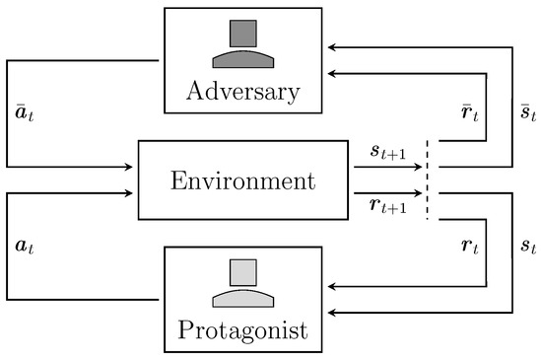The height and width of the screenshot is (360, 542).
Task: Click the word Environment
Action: click(x=242, y=181)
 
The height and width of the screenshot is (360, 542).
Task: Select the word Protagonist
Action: click(x=241, y=328)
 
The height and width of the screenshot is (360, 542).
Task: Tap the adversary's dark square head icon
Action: click(x=241, y=34)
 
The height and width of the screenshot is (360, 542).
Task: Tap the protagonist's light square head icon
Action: click(x=241, y=272)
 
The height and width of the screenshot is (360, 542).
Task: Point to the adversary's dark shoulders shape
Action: click(x=241, y=58)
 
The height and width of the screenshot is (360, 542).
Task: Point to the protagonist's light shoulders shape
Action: click(x=241, y=297)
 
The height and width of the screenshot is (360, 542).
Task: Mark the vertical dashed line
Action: click(x=429, y=180)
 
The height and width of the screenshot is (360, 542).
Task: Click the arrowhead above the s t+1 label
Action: click(x=419, y=168)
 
